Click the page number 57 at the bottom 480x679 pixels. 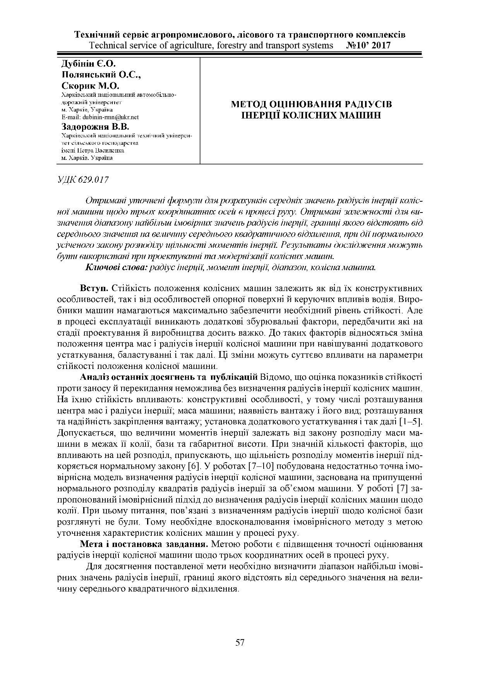tap(240, 643)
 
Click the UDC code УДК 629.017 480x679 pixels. tap(83, 180)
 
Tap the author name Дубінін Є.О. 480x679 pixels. tap(89, 63)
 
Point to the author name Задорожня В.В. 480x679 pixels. tap(95, 127)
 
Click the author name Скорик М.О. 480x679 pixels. tap(91, 86)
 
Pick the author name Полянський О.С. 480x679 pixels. tap(101, 74)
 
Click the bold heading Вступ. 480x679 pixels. tap(94, 288)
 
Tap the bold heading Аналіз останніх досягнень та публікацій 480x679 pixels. tap(169, 377)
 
